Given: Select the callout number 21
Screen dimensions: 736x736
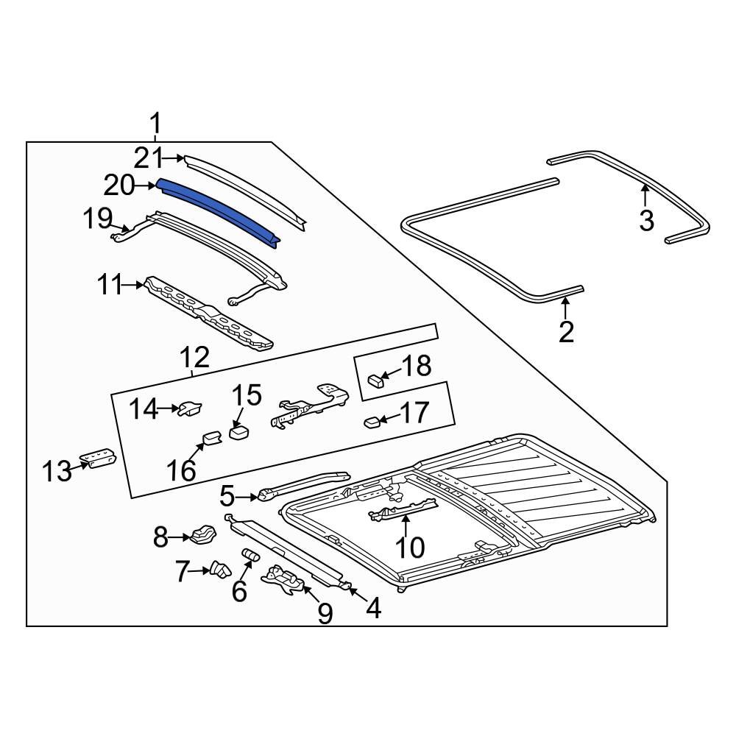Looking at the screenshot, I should coord(147,158).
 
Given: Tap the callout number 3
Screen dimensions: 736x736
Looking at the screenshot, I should coord(646,220).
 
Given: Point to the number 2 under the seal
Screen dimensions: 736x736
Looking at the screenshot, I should coord(565,332).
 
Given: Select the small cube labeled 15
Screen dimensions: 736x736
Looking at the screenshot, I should coord(238,432).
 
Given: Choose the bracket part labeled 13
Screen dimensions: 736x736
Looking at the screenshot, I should coord(98,458).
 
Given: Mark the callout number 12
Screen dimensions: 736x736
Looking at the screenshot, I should coord(195,358).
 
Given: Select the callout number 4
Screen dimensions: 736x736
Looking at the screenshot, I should coord(373,608).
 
